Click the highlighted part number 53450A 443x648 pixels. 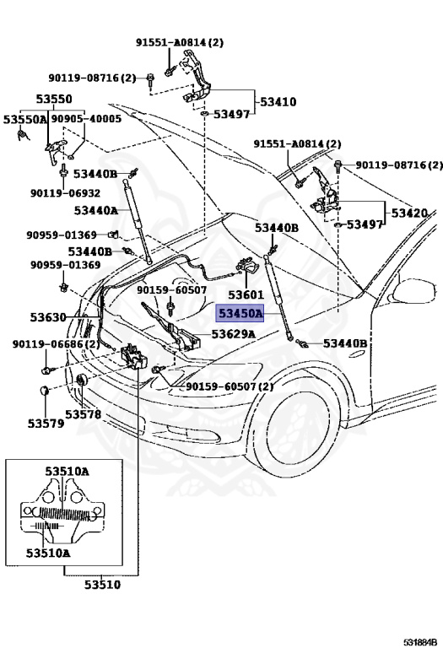[241, 314]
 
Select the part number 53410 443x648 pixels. [278, 102]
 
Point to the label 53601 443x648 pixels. [246, 295]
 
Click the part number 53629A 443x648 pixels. [233, 334]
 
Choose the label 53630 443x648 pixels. [49, 317]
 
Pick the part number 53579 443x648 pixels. [44, 423]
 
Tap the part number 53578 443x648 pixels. [84, 414]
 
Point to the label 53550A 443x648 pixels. [25, 119]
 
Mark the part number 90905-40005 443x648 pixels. [86, 119]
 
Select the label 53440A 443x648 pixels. [95, 210]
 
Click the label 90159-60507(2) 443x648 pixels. [230, 386]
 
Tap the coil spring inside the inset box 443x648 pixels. [60, 510]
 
